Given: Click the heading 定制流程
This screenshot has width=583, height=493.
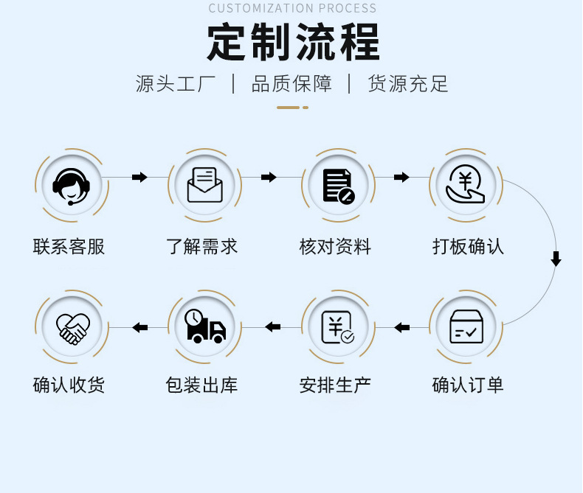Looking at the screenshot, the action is [x=293, y=42].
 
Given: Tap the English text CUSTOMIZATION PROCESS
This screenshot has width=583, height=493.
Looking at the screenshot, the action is [x=292, y=8].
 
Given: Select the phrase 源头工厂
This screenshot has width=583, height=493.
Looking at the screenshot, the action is [x=175, y=83].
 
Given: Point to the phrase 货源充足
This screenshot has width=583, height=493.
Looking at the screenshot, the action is [x=408, y=83].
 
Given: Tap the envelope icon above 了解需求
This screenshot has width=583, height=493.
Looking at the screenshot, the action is [x=204, y=185].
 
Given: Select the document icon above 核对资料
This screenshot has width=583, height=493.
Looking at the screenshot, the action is [x=338, y=185].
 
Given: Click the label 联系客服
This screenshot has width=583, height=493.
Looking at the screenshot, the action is [x=69, y=246].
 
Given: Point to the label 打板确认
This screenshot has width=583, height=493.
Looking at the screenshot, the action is [x=468, y=246].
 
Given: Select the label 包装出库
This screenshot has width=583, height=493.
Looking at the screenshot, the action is [x=202, y=384].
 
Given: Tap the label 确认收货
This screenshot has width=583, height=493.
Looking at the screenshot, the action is [x=69, y=384].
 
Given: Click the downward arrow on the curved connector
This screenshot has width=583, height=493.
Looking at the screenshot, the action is [x=556, y=259].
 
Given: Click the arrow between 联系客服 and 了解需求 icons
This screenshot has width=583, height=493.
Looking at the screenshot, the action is [x=139, y=177].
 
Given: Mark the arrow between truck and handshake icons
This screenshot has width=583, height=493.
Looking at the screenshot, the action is [x=139, y=327].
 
